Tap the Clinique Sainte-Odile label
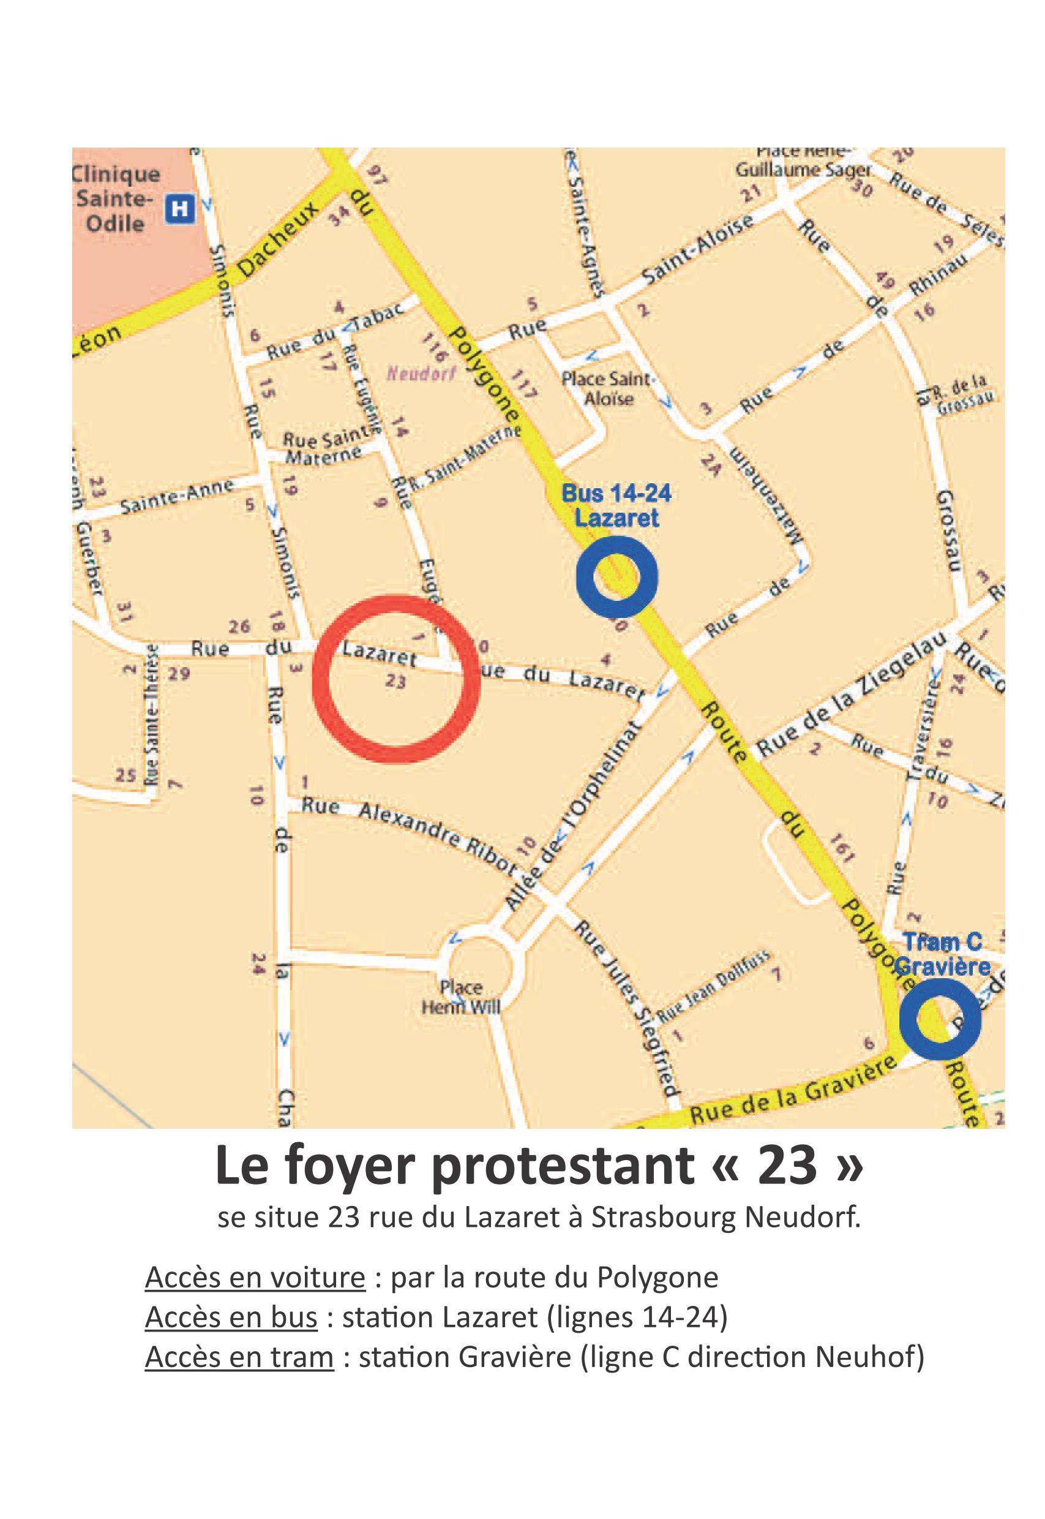tap(116, 199)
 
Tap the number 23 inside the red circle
tap(395, 682)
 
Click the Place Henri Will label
tap(462, 997)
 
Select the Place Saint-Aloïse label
tap(608, 388)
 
